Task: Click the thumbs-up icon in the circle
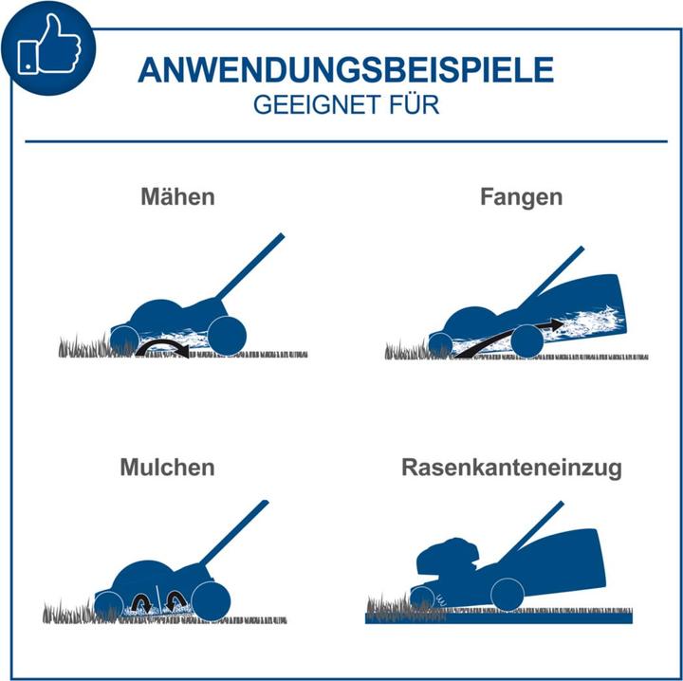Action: point(48,46)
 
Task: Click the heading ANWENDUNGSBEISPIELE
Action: point(346,69)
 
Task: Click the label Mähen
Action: point(177,196)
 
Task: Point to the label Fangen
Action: point(522,197)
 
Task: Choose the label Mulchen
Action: point(167,468)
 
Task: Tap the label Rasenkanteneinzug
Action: point(511,469)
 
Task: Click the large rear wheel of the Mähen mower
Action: point(227,336)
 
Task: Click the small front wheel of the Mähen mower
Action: point(123,340)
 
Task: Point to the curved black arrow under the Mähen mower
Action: point(162,344)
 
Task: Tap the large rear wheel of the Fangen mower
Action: point(527,341)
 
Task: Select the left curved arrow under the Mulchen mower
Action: point(140,603)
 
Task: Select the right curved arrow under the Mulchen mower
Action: point(175,600)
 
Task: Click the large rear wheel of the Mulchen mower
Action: point(211,601)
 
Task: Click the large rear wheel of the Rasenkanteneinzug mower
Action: point(508,595)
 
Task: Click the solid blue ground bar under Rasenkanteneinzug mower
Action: point(499,618)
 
